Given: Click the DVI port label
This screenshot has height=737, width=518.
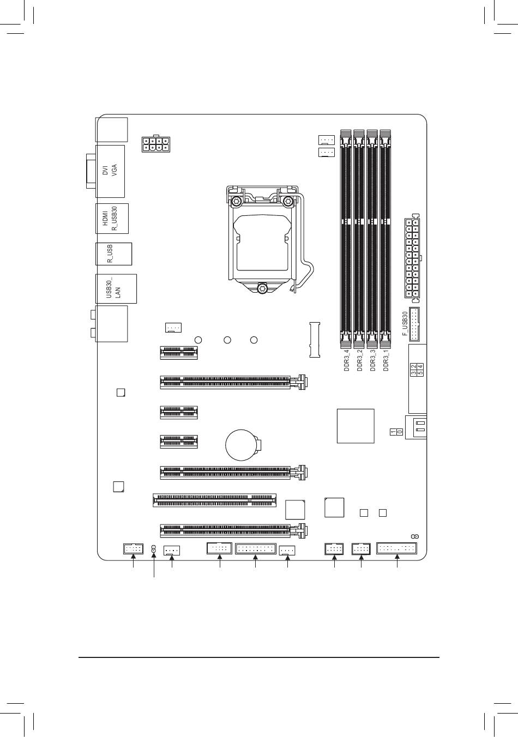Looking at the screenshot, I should [105, 171].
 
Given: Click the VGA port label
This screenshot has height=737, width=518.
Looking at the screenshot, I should [114, 171].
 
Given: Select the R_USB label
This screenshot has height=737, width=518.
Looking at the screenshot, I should [110, 254].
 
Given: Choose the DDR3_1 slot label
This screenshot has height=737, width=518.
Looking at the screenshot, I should [386, 361].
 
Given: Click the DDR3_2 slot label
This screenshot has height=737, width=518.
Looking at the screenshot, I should [359, 361].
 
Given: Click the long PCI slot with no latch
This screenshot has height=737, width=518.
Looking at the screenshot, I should [214, 500].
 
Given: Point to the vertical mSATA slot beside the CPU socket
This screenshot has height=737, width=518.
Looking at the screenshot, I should [315, 340].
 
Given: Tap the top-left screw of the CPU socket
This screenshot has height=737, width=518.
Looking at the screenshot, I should [236, 201].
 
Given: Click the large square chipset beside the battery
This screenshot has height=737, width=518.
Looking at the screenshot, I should [356, 426].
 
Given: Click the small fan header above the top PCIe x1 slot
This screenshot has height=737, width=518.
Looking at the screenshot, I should [173, 328].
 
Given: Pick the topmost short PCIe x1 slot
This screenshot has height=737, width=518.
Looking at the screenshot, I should [179, 353].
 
